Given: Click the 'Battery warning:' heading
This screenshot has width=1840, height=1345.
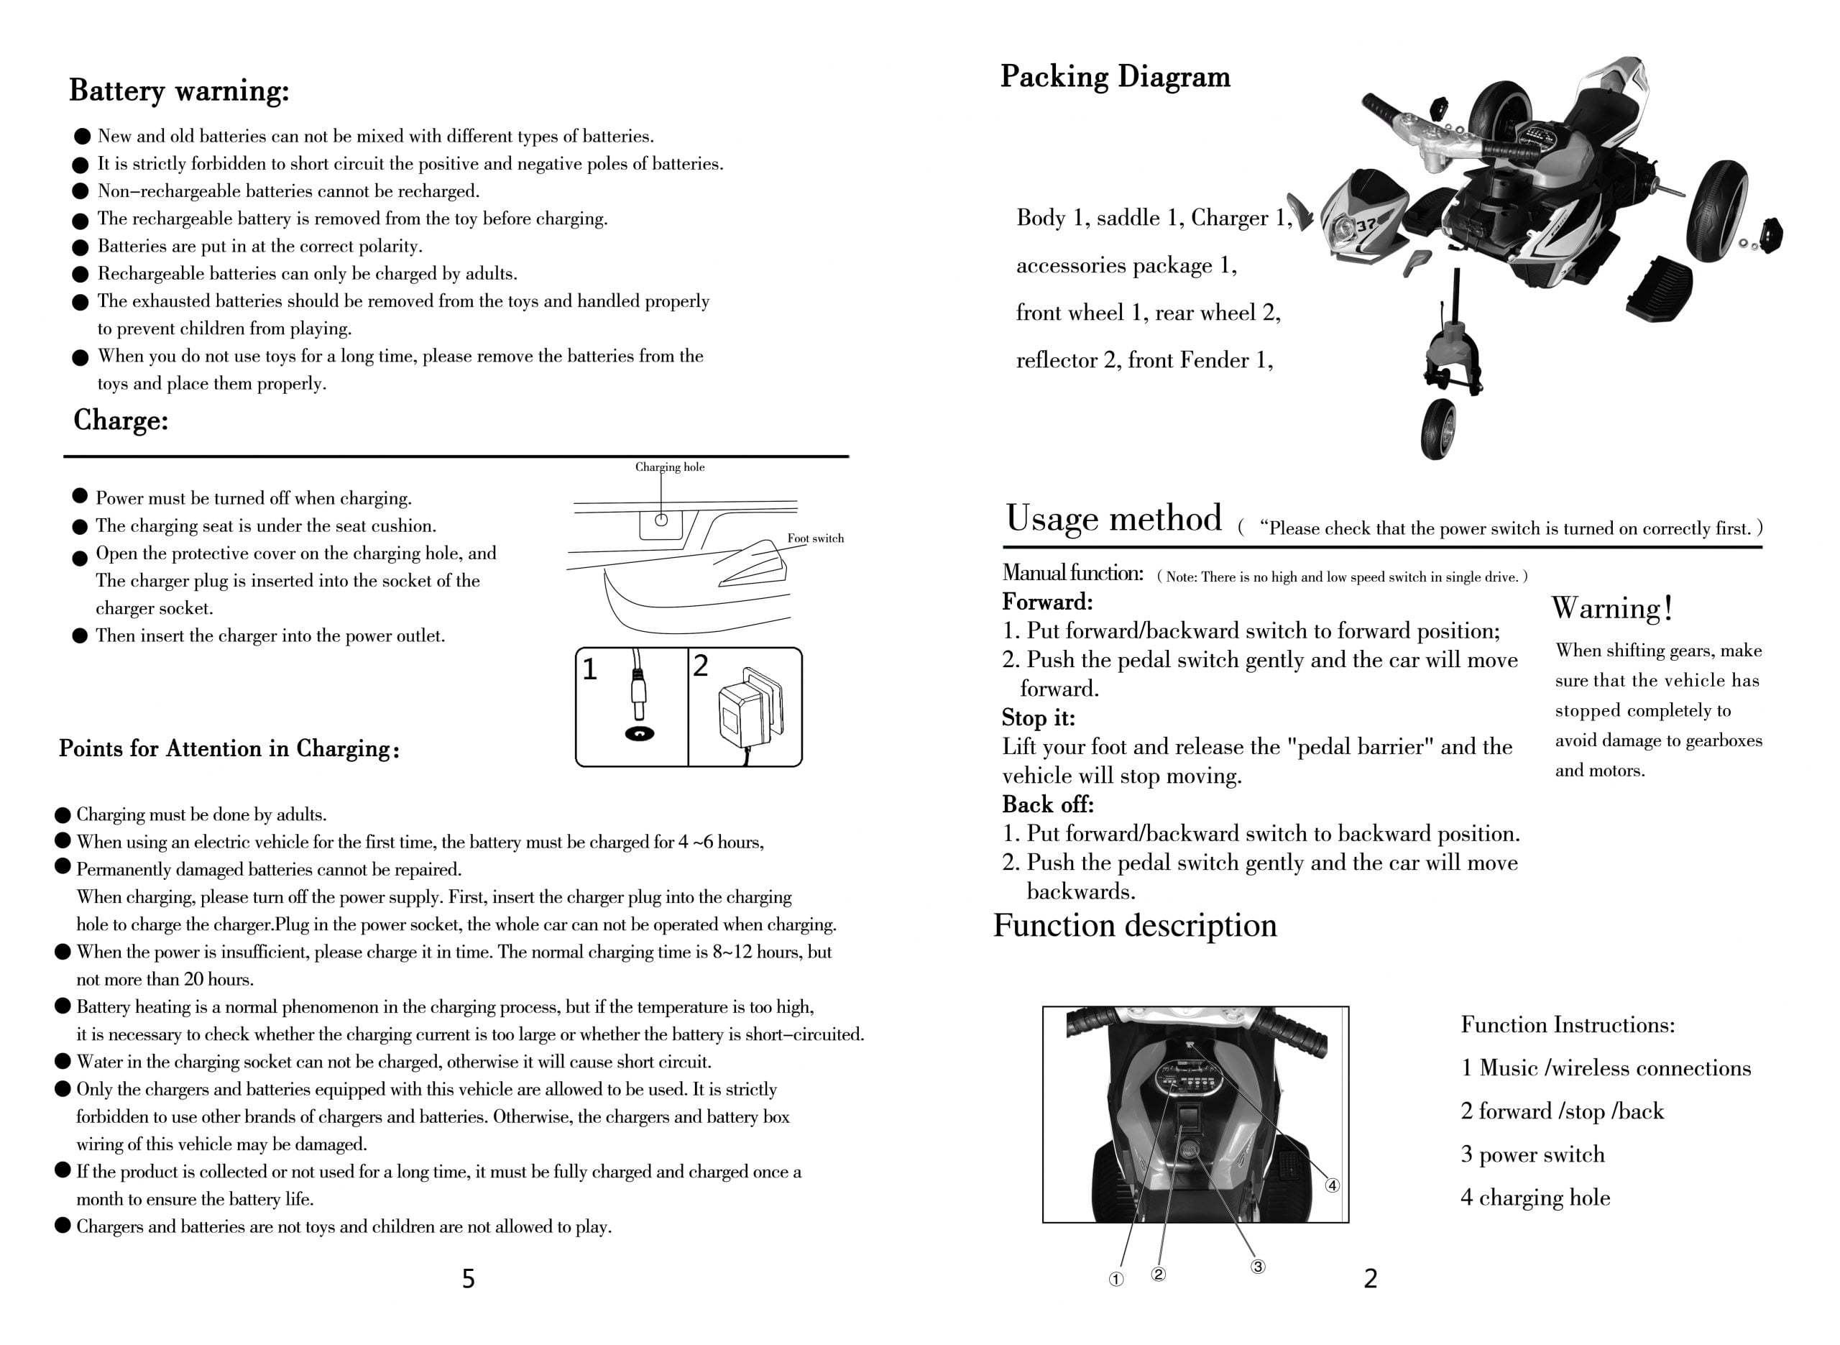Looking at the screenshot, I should click(x=178, y=91).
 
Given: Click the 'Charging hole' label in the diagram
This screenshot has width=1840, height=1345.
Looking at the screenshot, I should click(x=669, y=467).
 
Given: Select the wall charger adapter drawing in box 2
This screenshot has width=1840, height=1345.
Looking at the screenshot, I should click(x=750, y=711).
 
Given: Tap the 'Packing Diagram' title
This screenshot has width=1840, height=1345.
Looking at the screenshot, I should click(x=1114, y=76).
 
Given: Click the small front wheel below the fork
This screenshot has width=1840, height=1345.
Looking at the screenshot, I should click(x=1437, y=430).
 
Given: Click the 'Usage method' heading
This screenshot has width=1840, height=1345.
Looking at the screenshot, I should click(x=1113, y=518).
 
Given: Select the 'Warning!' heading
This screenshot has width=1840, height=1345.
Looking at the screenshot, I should click(x=1611, y=608).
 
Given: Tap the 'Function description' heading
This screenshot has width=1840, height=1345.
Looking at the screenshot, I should click(x=1134, y=926).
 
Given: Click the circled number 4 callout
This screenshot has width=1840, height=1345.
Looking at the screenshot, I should click(x=1332, y=1185).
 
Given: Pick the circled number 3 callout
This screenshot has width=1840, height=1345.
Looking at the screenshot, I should click(x=1257, y=1267).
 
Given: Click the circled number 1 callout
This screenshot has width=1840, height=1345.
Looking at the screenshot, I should click(x=1115, y=1280).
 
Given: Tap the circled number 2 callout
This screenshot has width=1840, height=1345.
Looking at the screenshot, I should click(x=1158, y=1274).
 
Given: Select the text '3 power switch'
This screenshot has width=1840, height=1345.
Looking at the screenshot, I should click(x=1532, y=1155).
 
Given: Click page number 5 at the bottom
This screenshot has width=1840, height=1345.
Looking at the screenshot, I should click(x=468, y=1279).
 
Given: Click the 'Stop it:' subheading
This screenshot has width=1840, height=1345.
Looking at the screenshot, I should click(x=1038, y=718).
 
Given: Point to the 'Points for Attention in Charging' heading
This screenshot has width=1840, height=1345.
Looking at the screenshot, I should click(x=229, y=749).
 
